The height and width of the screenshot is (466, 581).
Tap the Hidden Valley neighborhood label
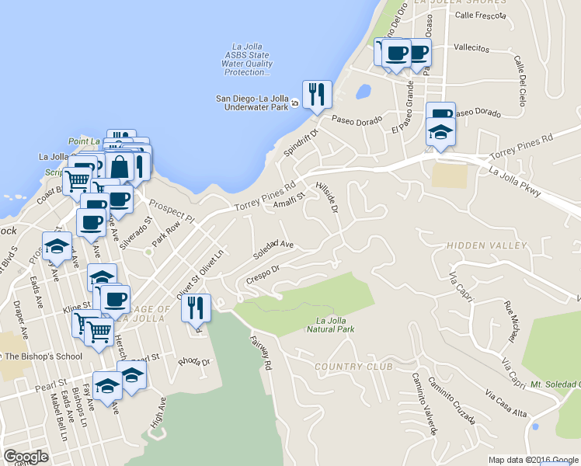click(486, 245)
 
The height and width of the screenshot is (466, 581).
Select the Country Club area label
click(353, 366)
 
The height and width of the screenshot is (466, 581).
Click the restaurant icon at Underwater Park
click(317, 95)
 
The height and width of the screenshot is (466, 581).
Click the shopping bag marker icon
click(121, 166)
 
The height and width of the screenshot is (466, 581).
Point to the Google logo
click(26, 457)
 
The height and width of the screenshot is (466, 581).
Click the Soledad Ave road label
click(273, 249)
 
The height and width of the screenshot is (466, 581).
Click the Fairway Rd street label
click(261, 352)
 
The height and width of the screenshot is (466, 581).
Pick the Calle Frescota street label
click(480, 15)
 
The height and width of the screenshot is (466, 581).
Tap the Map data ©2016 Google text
click(534, 460)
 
